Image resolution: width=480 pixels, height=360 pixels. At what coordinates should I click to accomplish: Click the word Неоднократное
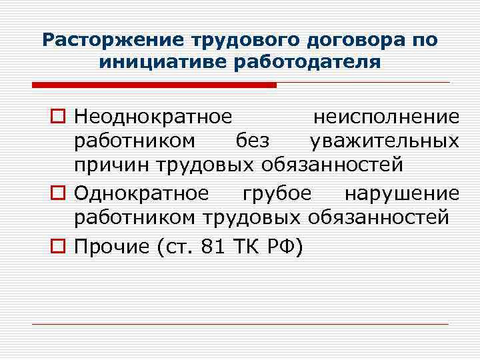coord(153,117)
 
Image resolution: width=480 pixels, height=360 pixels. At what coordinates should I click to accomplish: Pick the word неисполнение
coord(386,117)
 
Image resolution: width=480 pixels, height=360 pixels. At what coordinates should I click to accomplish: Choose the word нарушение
coord(401,193)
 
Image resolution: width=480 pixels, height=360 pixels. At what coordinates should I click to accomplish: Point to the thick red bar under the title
coord(153,85)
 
